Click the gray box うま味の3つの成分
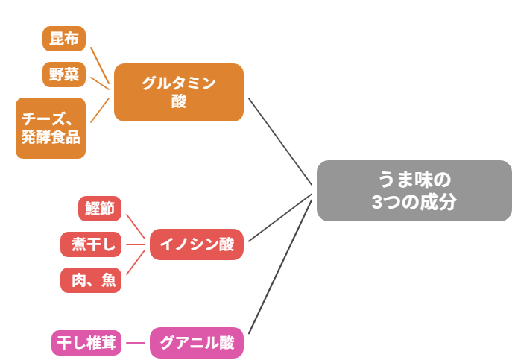pyautogui.click(x=414, y=191)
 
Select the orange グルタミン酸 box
pyautogui.click(x=179, y=92)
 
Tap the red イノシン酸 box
pyautogui.click(x=197, y=244)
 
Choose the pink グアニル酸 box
pyautogui.click(x=197, y=343)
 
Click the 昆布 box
pyautogui.click(x=64, y=39)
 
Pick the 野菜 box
pyautogui.click(x=64, y=75)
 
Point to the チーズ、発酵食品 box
pyautogui.click(x=51, y=128)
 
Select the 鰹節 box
pyautogui.click(x=100, y=209)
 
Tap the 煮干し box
pyautogui.click(x=90, y=244)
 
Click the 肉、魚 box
pyautogui.click(x=90, y=280)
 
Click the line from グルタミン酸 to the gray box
pyautogui.click(x=279, y=141)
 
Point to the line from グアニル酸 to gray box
pyautogui.click(x=279, y=265)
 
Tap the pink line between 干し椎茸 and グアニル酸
pyautogui.click(x=136, y=343)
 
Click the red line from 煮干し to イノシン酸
pyautogui.click(x=135, y=244)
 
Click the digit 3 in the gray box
pyautogui.click(x=377, y=202)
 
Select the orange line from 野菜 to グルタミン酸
pyautogui.click(x=98, y=80)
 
